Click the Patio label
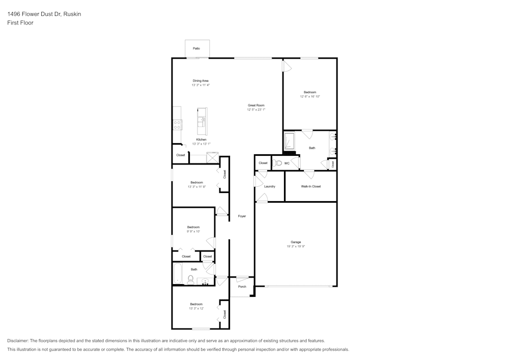pos(196,48)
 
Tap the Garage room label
pos(296,242)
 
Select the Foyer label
pos(242,216)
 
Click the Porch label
pos(242,287)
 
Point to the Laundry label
pos(270,186)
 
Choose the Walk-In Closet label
pos(311,186)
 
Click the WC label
pos(287,163)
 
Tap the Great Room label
pos(256,105)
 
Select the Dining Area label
pos(201,81)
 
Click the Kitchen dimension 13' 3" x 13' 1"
pos(201,144)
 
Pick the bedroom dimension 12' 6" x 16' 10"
pos(310,96)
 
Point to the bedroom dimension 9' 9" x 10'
pos(193,232)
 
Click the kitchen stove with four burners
pos(177,125)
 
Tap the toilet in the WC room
pos(277,163)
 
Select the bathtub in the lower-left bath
pos(177,273)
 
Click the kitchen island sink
pos(202,122)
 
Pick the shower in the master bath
pos(289,141)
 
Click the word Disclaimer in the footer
pos(18,341)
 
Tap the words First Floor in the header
pos(20,23)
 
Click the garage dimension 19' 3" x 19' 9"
pos(296,246)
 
